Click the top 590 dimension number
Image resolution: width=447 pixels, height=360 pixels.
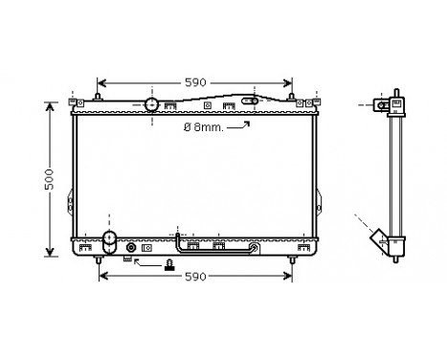point(196,82)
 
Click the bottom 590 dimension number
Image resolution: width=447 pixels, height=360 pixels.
point(196,278)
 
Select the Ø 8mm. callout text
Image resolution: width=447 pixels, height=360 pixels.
point(207,126)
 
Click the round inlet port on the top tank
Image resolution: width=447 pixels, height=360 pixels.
point(151,104)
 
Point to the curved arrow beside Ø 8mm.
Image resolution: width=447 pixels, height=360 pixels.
point(241,124)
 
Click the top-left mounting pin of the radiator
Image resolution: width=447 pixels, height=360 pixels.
point(77,99)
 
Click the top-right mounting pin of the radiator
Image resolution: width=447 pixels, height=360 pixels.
point(316,99)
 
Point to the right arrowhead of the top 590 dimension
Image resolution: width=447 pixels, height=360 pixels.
point(287,82)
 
